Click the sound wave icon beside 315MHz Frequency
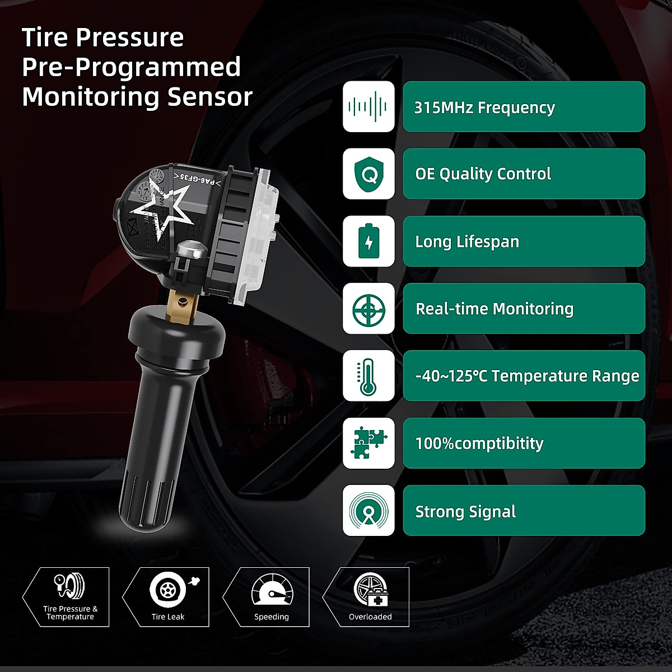(x=368, y=106)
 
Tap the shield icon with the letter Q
(x=368, y=174)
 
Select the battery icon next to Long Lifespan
(x=368, y=241)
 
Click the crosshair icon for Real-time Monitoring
(x=368, y=309)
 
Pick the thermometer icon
(x=368, y=376)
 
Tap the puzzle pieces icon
(x=368, y=443)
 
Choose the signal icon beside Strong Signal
(x=368, y=510)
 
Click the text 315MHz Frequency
(x=484, y=107)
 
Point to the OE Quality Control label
(x=483, y=174)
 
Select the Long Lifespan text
(x=467, y=242)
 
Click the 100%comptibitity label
(x=479, y=444)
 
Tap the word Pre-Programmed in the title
(x=131, y=67)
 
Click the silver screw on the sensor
(x=189, y=249)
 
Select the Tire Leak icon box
(x=166, y=596)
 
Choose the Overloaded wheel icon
(x=370, y=590)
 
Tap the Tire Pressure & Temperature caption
(x=70, y=613)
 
